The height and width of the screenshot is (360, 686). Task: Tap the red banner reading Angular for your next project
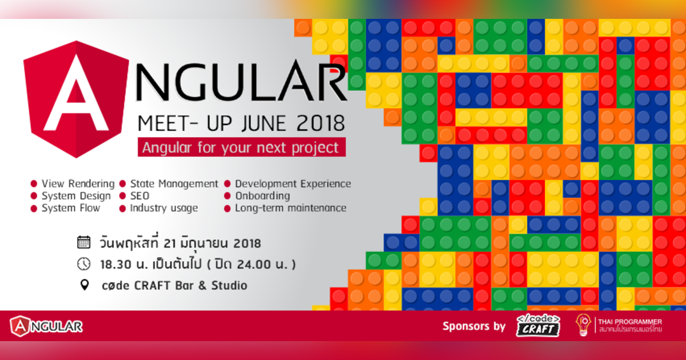coord(241,147)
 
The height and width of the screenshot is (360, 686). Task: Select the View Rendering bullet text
coord(78,184)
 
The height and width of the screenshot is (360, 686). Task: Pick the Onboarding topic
coord(262,196)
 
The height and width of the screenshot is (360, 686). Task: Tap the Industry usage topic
coord(163,208)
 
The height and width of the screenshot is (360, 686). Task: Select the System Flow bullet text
coord(70,208)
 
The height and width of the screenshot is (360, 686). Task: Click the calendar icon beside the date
coord(84,243)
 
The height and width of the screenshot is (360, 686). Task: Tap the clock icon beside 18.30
coord(84,263)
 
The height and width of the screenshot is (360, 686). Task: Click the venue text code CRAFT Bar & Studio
coord(173,285)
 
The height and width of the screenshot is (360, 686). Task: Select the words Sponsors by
coord(474,326)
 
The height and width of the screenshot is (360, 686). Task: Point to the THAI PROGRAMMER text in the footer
coord(629,322)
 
